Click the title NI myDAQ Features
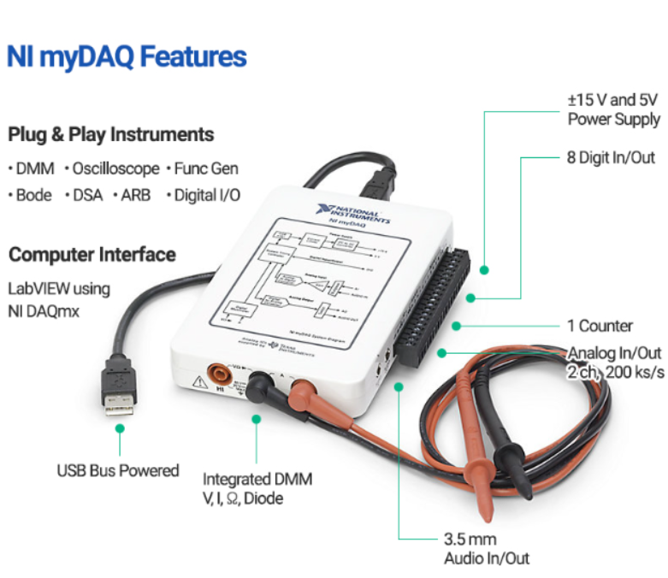(127, 57)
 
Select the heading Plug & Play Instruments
(111, 134)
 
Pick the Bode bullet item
(34, 195)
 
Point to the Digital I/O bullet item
(206, 195)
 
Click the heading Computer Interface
(92, 255)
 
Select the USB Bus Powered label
(118, 470)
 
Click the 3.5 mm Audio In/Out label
(485, 549)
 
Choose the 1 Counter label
(600, 326)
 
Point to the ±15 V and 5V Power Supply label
(613, 109)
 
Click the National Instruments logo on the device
(353, 212)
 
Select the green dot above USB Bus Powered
(120, 427)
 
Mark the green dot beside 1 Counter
(458, 326)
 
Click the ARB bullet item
(134, 195)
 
